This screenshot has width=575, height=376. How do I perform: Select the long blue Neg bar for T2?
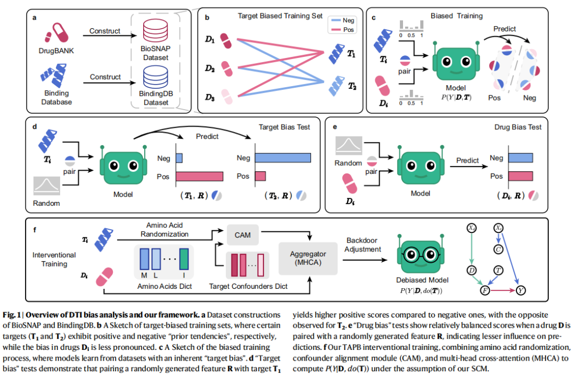click(283, 157)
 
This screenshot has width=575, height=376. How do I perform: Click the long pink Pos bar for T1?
click(199, 177)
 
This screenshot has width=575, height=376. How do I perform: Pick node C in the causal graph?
click(498, 248)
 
